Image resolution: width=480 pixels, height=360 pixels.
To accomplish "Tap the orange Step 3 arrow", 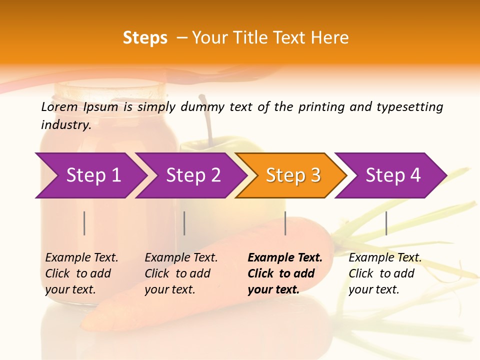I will tap(293, 175).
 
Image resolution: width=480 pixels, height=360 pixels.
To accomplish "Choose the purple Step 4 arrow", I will tap(393, 175).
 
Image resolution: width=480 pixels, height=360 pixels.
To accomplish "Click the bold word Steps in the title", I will tap(145, 38).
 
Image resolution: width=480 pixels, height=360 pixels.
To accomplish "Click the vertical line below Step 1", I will tap(84, 223).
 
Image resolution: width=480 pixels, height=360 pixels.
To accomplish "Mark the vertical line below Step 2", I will tap(184, 223).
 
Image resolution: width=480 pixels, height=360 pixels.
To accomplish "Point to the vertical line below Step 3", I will tap(285, 223).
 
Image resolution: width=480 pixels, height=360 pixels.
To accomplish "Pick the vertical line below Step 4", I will tap(386, 223).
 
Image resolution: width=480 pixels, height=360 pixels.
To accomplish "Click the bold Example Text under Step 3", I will tap(285, 258).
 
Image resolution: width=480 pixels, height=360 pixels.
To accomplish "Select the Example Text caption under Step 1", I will tap(81, 258).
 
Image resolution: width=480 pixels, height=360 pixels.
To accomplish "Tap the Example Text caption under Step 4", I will tap(385, 258).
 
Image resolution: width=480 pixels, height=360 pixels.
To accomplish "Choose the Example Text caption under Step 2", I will tap(181, 258).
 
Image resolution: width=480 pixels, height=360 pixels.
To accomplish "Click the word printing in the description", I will tap(321, 107).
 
